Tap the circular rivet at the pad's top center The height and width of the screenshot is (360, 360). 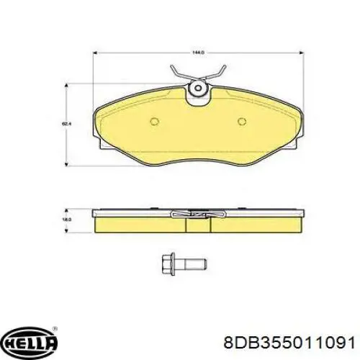196,89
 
